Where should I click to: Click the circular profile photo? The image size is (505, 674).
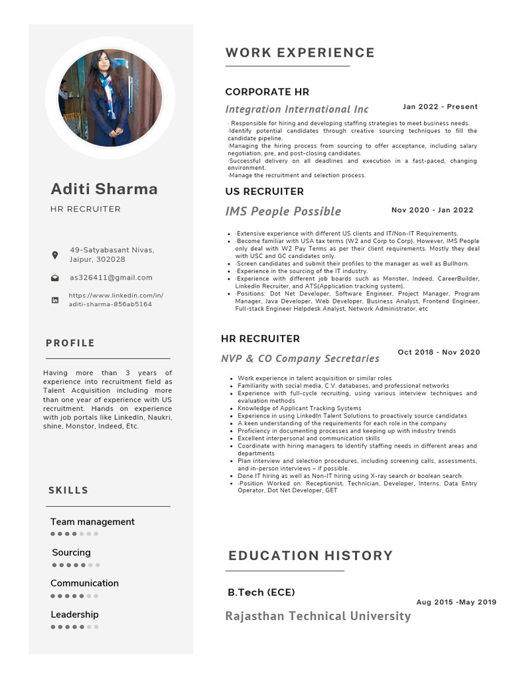[110, 97]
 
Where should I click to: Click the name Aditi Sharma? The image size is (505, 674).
[104, 189]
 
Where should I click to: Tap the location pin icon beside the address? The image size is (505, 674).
[55, 255]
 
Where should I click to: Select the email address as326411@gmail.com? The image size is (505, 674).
[111, 278]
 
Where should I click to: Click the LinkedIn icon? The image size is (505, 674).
[55, 300]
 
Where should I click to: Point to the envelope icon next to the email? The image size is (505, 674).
[55, 278]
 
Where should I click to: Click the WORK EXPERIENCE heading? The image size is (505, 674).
[300, 53]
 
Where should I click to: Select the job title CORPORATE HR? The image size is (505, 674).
[267, 91]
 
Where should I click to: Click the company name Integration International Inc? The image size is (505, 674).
[297, 109]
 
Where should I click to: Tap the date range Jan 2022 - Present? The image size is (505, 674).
[440, 107]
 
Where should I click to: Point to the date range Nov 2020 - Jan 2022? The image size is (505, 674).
[432, 210]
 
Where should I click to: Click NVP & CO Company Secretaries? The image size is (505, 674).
[300, 359]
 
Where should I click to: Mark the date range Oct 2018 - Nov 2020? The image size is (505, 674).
[439, 352]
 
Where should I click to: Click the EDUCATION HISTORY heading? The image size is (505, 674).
[310, 556]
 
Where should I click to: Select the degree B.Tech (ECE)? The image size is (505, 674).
[261, 592]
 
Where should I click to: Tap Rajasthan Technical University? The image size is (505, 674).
[318, 616]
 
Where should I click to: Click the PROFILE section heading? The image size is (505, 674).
[70, 343]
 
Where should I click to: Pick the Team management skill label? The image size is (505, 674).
[92, 522]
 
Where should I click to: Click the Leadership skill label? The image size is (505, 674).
[74, 614]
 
